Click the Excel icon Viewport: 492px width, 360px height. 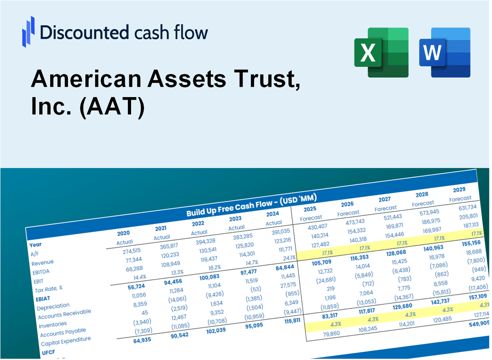(381, 52)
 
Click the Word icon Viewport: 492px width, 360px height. (444, 52)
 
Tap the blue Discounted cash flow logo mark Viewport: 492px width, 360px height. (28, 31)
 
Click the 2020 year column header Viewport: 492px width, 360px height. (123, 233)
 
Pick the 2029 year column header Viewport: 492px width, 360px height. (459, 190)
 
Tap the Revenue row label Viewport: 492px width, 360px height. (42, 262)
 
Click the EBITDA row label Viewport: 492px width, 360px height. (41, 271)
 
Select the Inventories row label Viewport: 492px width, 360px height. (53, 323)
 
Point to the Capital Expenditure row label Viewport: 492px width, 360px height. (65, 341)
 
